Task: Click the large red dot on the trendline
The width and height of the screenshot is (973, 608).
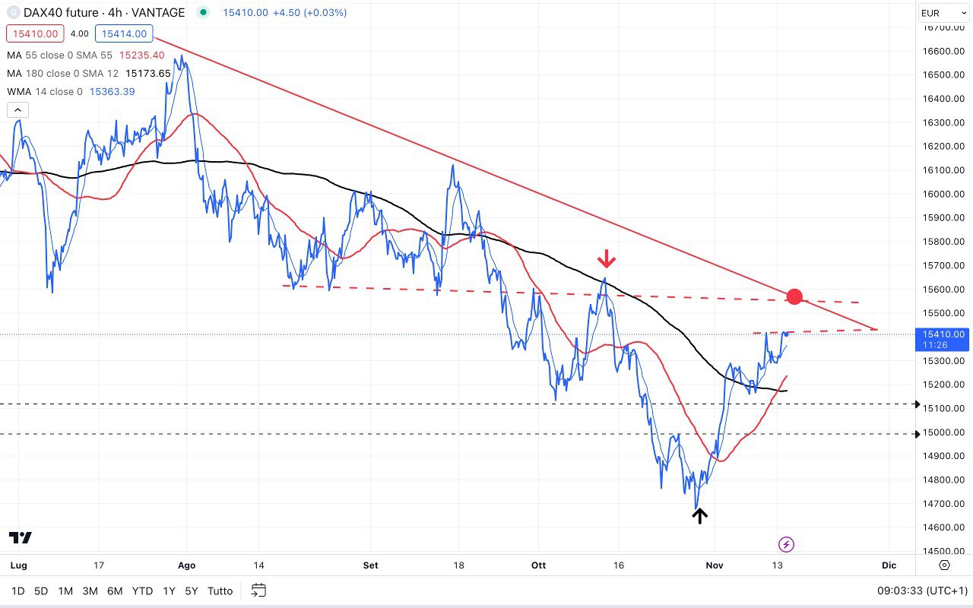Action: point(794,296)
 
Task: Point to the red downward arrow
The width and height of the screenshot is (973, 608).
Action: point(606,259)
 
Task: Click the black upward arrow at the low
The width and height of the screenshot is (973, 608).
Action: point(699,515)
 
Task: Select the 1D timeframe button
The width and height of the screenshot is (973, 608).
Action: point(18,591)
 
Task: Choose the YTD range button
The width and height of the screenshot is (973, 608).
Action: point(142,591)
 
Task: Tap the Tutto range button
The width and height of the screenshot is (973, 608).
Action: point(220,591)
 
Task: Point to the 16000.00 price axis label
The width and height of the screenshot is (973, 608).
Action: point(943,194)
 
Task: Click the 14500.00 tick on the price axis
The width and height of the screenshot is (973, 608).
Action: point(943,551)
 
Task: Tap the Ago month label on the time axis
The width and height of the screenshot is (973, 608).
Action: point(186,565)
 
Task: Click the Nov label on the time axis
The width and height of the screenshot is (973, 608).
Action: point(714,565)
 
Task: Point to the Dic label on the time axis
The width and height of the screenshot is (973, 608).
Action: point(889,565)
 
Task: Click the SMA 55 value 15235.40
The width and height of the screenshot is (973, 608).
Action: point(142,55)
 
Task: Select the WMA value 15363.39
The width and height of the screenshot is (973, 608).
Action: point(113,91)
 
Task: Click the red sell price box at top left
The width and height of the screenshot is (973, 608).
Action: point(33,33)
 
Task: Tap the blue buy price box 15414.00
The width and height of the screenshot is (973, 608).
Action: point(124,33)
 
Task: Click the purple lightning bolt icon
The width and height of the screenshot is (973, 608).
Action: point(787,544)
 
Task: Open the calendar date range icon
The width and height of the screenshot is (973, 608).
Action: point(258,591)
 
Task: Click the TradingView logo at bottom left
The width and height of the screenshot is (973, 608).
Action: point(21,538)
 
